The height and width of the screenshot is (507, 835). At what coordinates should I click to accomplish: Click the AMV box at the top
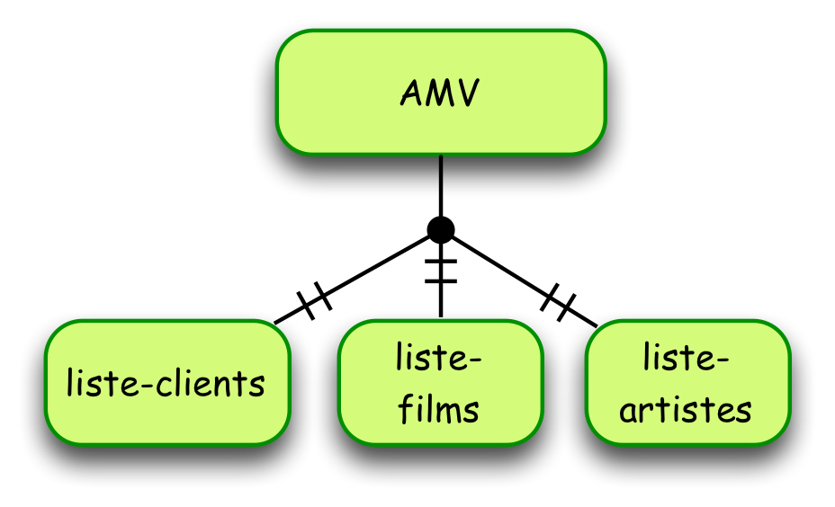coord(441,93)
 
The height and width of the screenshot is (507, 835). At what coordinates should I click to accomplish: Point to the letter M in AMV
coord(438,93)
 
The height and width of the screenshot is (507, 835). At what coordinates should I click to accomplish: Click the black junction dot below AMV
coord(441,230)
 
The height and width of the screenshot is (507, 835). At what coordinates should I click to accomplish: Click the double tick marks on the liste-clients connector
coord(314,300)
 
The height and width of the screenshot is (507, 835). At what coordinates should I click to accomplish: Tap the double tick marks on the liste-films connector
coord(441,271)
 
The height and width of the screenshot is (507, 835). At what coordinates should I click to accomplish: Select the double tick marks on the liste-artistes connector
coord(559,301)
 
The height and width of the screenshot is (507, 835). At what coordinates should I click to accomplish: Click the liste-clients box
coord(168,383)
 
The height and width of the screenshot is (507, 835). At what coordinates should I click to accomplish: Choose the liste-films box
coord(441,383)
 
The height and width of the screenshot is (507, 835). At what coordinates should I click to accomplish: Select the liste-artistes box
coord(687,383)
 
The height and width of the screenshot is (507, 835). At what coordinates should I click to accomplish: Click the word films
coord(439,410)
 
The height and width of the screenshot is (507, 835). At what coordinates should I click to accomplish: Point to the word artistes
coord(686,410)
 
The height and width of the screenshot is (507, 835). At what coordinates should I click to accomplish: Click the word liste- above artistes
coord(687,359)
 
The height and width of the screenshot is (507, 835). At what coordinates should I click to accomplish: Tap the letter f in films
coord(406,409)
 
